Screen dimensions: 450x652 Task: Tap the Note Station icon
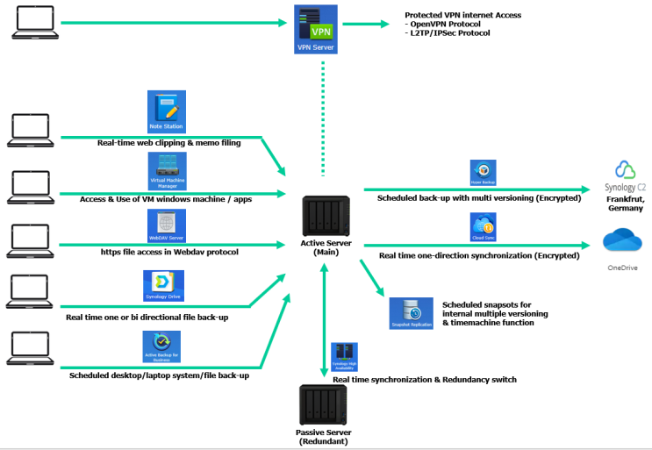point(166,111)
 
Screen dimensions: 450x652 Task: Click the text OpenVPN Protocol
point(448,24)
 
